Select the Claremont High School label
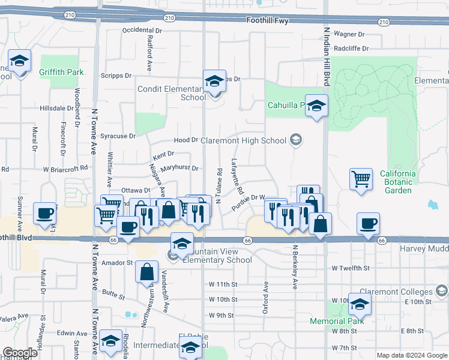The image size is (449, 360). coord(248,141)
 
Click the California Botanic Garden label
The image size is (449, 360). coord(397,182)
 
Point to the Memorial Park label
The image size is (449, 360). coord(337,321)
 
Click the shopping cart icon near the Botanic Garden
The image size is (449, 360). coord(361,179)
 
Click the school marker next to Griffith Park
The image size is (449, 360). coord(20,62)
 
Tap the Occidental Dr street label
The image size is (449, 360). coord(142,30)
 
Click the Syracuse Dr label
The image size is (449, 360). coord(117,136)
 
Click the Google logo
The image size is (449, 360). coord(20,352)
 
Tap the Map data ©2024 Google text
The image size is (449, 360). coord(411,355)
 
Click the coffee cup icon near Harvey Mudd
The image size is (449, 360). coord(368,224)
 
